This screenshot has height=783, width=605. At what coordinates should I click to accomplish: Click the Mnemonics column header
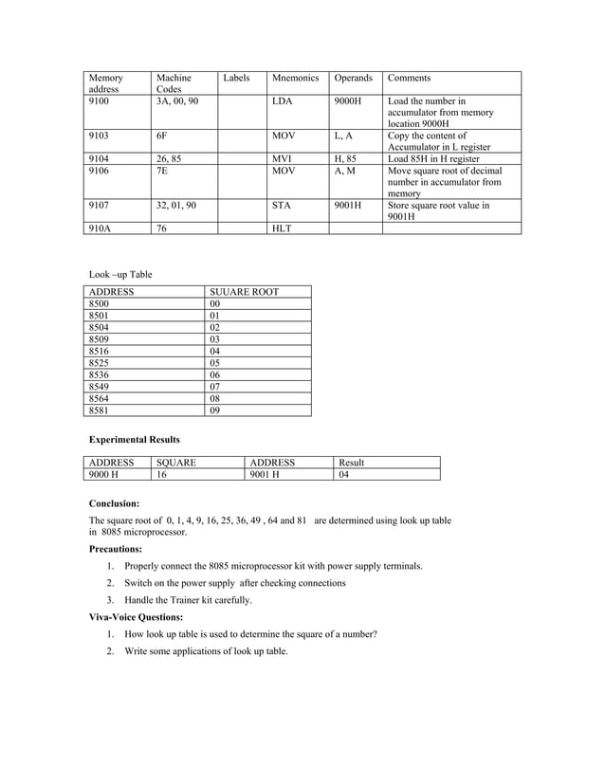[x=295, y=78]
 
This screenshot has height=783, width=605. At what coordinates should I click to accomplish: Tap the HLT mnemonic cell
[x=282, y=228]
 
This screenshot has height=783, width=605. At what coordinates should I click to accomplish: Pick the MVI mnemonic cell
[x=282, y=159]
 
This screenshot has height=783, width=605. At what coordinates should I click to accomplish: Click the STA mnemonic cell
[x=282, y=205]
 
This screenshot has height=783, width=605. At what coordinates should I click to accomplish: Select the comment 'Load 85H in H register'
[x=433, y=159]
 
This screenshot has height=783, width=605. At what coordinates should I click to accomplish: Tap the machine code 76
[x=162, y=228]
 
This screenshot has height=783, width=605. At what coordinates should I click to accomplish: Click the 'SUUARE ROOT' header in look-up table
[x=244, y=292]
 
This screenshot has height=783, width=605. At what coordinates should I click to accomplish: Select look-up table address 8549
[x=99, y=387]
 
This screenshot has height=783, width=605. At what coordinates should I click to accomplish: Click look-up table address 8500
[x=99, y=304]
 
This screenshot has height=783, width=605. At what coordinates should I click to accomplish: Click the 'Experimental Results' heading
[x=134, y=440]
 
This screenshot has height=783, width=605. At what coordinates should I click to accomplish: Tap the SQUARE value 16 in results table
[x=161, y=475]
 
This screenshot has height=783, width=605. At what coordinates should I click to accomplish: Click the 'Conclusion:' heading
[x=114, y=503]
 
